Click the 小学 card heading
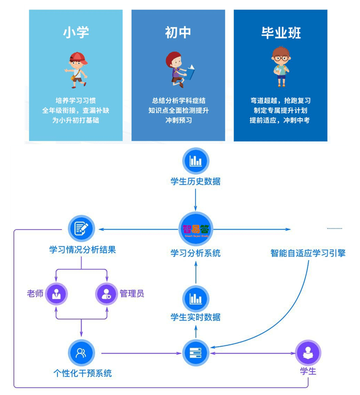pyautogui.click(x=76, y=32)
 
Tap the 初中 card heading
pyautogui.click(x=178, y=32)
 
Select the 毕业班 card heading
pyautogui.click(x=281, y=33)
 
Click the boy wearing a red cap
pyautogui.click(x=77, y=66)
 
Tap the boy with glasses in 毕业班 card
pyautogui.click(x=280, y=66)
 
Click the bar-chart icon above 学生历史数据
pyautogui.click(x=196, y=161)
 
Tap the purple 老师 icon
pyautogui.click(x=56, y=294)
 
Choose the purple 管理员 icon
pyautogui.click(x=106, y=294)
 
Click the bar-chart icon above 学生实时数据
pyautogui.click(x=196, y=298)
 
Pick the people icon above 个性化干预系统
pyautogui.click(x=82, y=353)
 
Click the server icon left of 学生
pyautogui.click(x=196, y=353)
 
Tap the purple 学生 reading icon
pyautogui.click(x=308, y=353)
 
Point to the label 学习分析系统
pyautogui.click(x=196, y=253)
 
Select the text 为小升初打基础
pyautogui.click(x=76, y=120)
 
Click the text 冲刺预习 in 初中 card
pyautogui.click(x=178, y=120)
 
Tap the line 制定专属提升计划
pyautogui.click(x=280, y=111)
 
